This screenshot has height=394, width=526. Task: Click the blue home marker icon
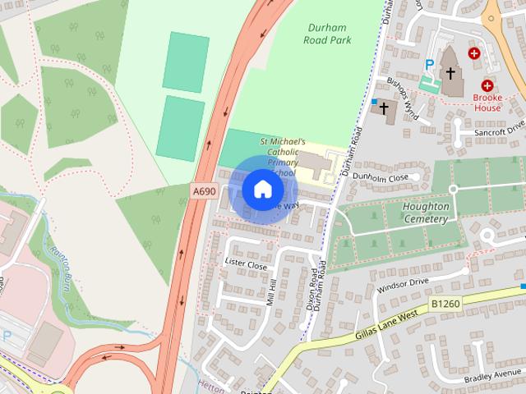[x=262, y=189]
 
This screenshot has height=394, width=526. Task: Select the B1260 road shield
[x=444, y=305]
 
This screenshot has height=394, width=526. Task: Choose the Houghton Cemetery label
[x=426, y=213]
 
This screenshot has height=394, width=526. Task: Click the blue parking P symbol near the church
[x=429, y=65]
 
